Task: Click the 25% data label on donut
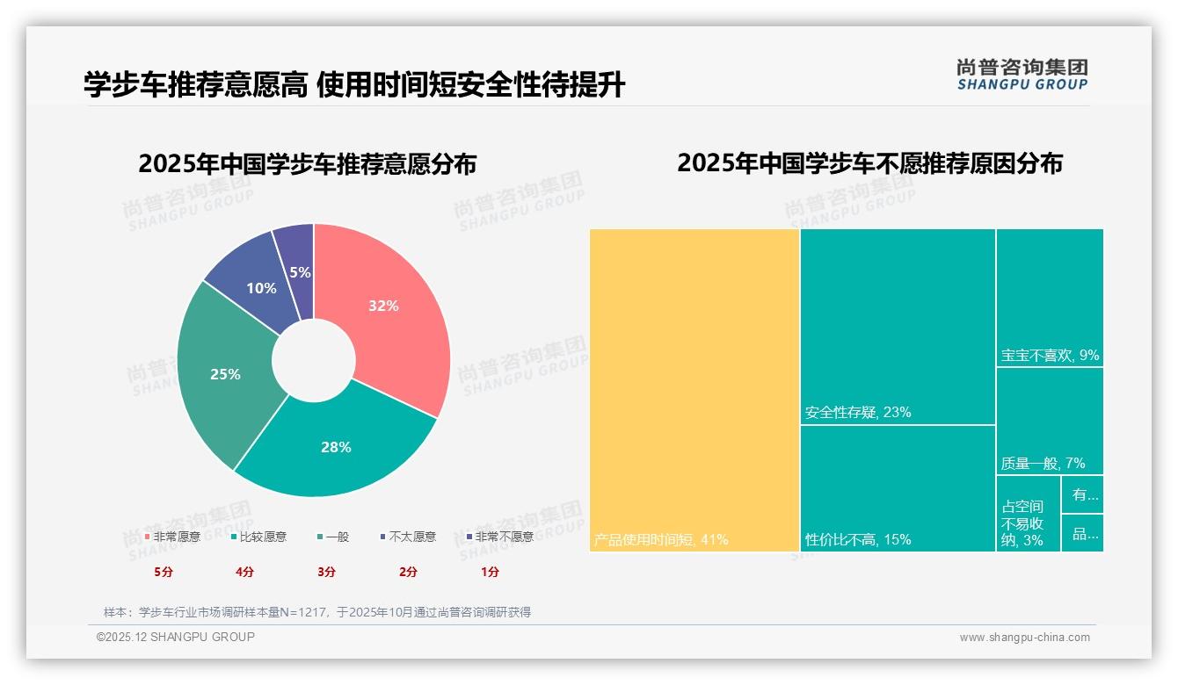pyautogui.click(x=225, y=374)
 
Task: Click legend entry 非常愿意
pyautogui.click(x=172, y=537)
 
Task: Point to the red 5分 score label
pyautogui.click(x=164, y=572)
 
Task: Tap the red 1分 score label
pyautogui.click(x=491, y=572)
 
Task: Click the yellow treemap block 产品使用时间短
pyautogui.click(x=694, y=386)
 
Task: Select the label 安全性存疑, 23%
pyautogui.click(x=857, y=412)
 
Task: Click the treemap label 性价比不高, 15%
pyautogui.click(x=857, y=539)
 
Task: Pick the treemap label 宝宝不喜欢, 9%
pyautogui.click(x=1050, y=356)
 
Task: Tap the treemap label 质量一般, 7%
pyautogui.click(x=1043, y=463)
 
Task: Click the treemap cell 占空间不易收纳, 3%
pyautogui.click(x=1027, y=518)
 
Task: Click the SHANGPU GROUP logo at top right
pyautogui.click(x=1022, y=75)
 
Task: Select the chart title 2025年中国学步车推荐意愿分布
pyautogui.click(x=307, y=164)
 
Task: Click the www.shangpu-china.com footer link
pyautogui.click(x=1024, y=638)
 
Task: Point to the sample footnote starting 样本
pyautogui.click(x=316, y=612)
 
